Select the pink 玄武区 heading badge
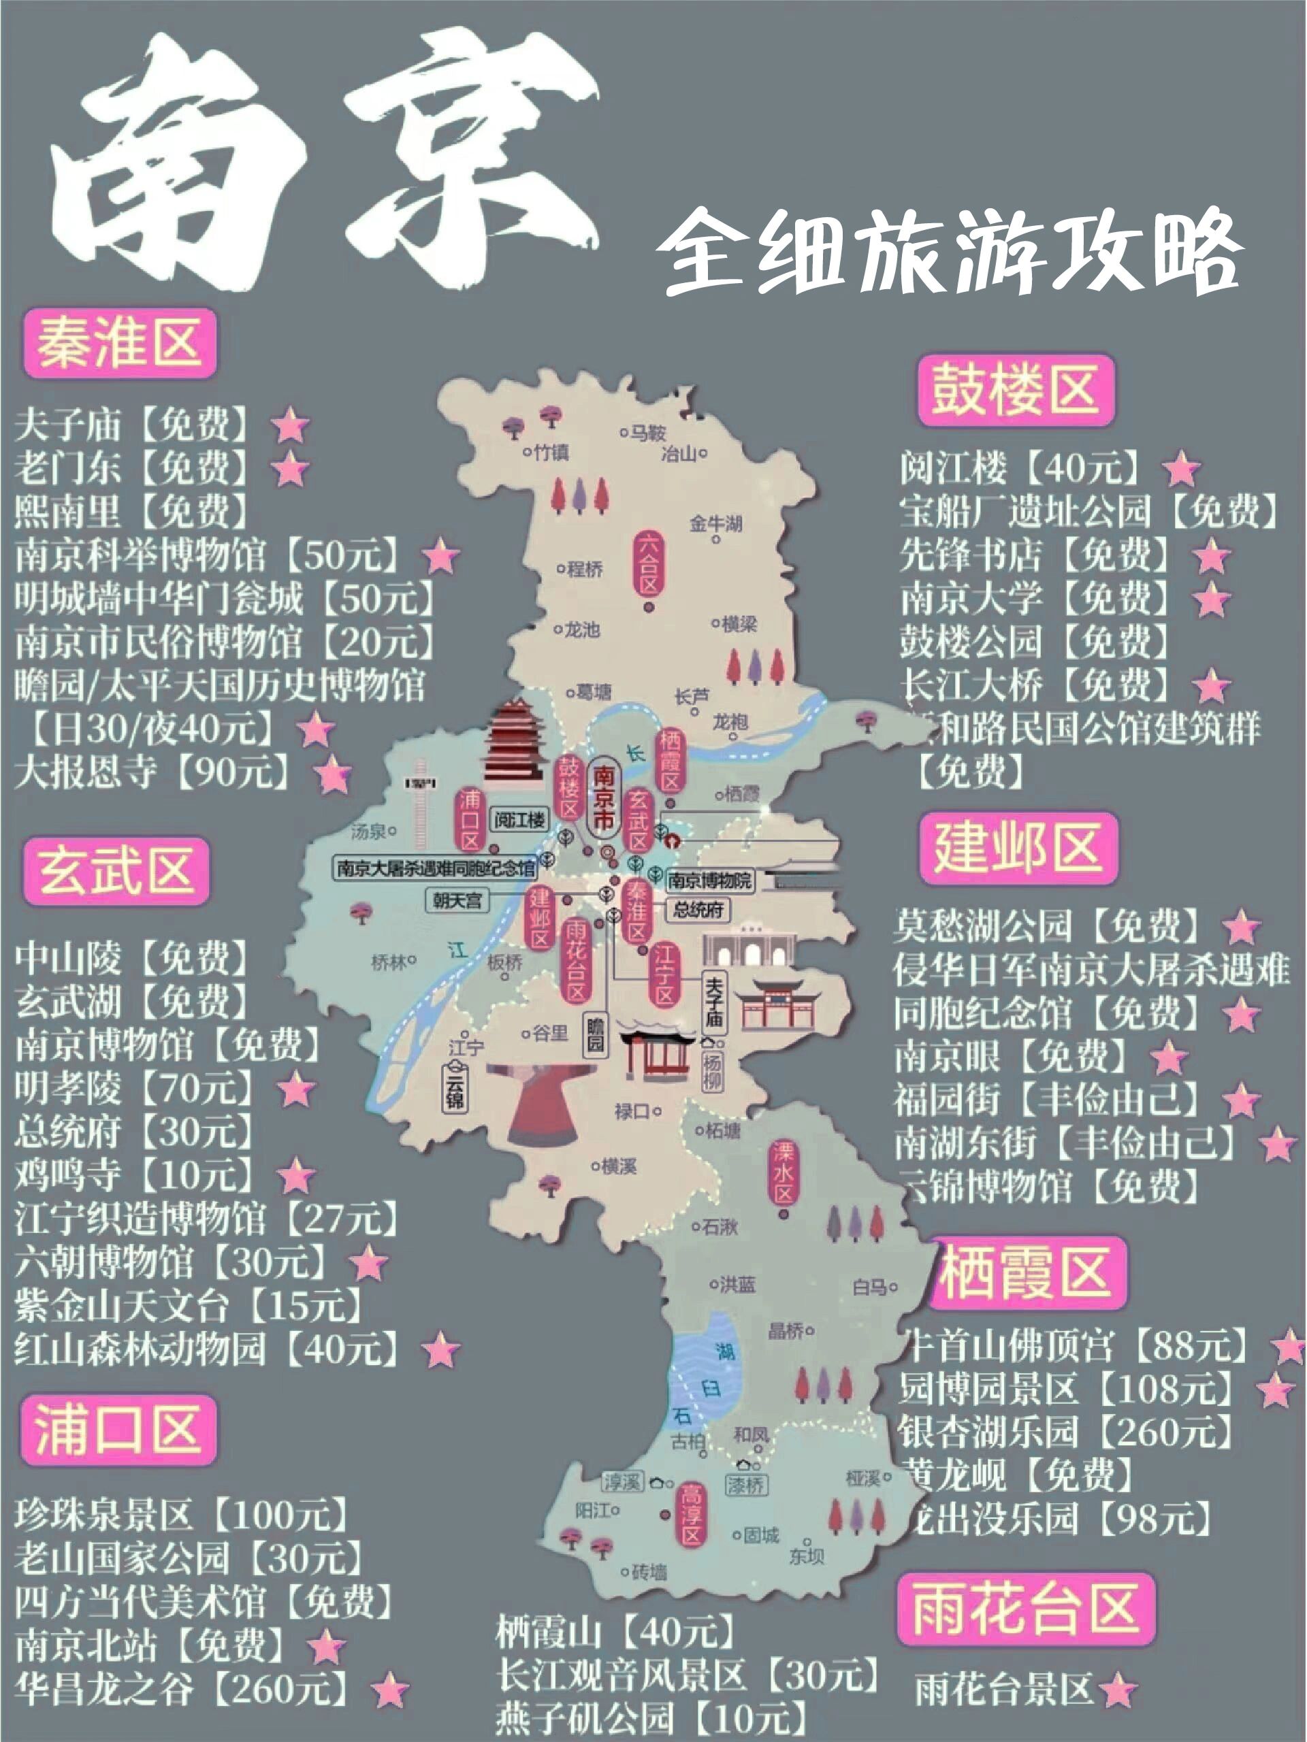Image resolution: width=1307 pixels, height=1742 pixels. pos(116,871)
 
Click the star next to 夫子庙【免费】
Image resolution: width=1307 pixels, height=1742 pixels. pos(290,425)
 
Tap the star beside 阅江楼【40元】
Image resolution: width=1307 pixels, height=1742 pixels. pos(1181,470)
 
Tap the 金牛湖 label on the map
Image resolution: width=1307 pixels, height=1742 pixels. pos(715,524)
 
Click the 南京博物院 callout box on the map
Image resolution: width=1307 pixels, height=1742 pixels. pos(709,881)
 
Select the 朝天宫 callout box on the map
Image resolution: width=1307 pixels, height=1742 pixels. pos(457,900)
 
